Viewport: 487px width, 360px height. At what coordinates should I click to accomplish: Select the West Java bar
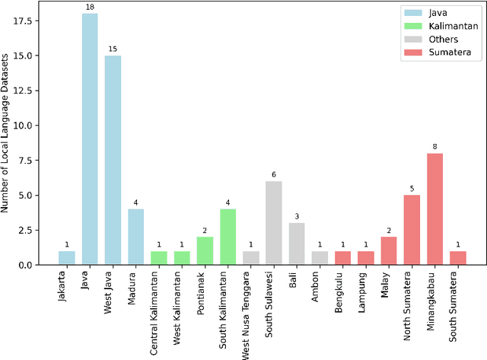[113, 160]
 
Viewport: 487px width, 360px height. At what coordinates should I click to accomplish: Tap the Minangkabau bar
[434, 209]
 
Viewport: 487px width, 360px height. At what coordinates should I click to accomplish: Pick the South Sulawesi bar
[273, 223]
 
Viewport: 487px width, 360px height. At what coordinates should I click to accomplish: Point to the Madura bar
[135, 237]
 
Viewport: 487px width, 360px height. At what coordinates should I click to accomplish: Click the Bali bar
[297, 244]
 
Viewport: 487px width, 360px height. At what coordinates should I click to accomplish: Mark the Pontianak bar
[205, 250]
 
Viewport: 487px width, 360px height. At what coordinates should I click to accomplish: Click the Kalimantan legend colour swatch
[412, 24]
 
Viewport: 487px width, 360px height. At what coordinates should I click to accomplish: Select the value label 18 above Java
[90, 8]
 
